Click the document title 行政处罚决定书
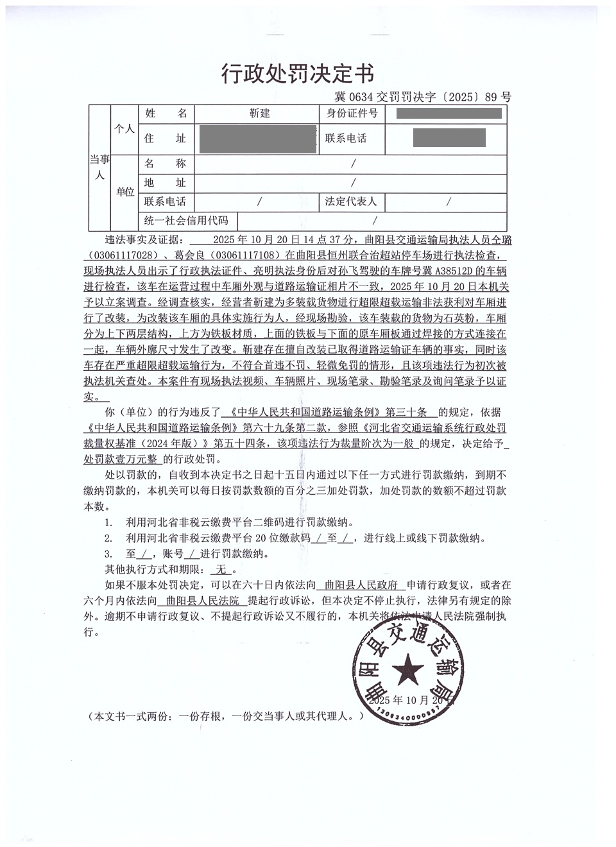click(298, 74)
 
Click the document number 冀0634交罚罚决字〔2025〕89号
click(423, 98)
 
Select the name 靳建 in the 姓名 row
click(259, 114)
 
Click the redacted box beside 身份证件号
click(449, 114)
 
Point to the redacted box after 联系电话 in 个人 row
click(449, 138)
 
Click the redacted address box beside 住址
click(259, 139)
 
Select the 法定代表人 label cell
click(351, 201)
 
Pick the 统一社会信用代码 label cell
click(186, 221)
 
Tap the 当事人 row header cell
click(99, 167)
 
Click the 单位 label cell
click(124, 192)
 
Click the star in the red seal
click(407, 671)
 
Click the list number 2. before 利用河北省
click(108, 538)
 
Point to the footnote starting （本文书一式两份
click(227, 715)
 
